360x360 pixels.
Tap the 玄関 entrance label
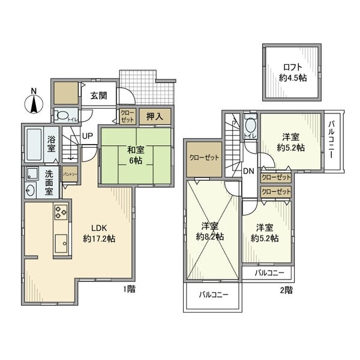tap(99, 95)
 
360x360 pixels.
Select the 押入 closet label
tap(156, 116)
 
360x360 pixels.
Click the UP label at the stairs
tap(87, 136)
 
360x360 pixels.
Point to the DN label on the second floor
tap(248, 171)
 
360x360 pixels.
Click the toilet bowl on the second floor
tap(250, 125)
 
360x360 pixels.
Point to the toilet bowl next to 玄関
tap(62, 116)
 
